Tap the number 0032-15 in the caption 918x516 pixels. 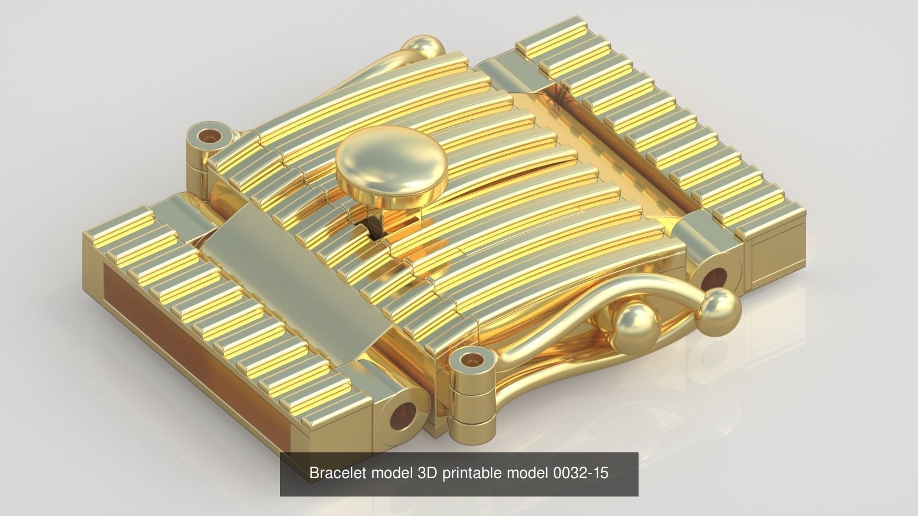[580, 473]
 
